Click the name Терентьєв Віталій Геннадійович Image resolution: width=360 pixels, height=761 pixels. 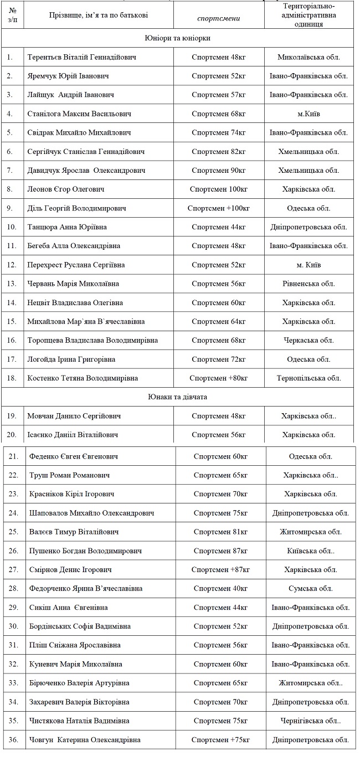[x=81, y=57]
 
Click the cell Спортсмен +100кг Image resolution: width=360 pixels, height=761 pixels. [x=219, y=208]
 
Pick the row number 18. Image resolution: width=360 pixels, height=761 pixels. [x=11, y=378]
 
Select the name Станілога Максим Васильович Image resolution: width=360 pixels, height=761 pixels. [x=79, y=114]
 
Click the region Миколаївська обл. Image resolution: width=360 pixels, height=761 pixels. [x=308, y=57]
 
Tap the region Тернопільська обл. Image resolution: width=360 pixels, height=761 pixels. [x=308, y=378]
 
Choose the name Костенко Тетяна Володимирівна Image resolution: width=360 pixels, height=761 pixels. [x=83, y=378]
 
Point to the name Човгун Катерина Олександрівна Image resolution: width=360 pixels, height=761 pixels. [x=85, y=739]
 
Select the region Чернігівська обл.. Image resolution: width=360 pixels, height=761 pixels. [x=310, y=721]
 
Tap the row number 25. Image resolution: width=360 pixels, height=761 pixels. [x=14, y=532]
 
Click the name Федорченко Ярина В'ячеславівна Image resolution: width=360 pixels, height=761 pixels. [x=86, y=588]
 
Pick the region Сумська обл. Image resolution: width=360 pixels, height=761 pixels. [x=310, y=588]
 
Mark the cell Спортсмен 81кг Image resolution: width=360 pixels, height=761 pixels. [x=220, y=532]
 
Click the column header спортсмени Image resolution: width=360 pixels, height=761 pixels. [x=219, y=18]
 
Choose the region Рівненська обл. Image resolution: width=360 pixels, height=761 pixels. [x=308, y=284]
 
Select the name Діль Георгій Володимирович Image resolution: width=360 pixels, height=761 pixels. [x=76, y=208]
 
